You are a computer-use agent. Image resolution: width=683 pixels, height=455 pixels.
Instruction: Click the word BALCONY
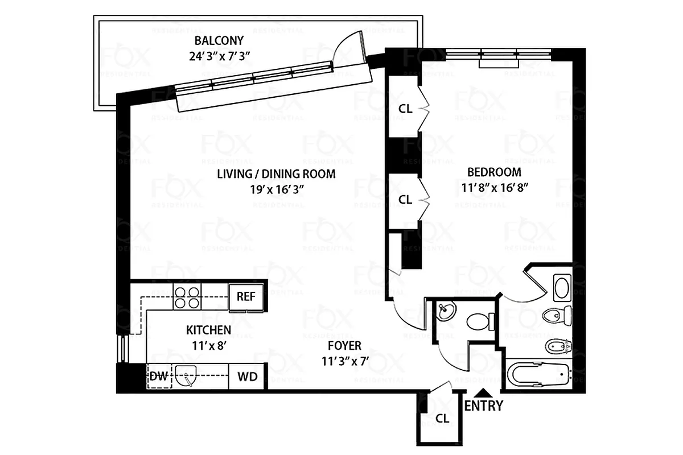tap(219, 41)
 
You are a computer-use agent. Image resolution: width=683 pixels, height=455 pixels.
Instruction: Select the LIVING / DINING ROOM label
tap(276, 174)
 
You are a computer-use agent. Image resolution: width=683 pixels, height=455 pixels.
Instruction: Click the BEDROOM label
tap(494, 172)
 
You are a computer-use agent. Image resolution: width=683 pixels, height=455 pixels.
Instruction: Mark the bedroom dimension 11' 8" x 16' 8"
tap(494, 188)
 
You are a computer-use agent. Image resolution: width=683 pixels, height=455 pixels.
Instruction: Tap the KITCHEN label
tap(208, 330)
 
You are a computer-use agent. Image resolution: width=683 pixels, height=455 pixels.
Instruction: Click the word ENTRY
tap(484, 406)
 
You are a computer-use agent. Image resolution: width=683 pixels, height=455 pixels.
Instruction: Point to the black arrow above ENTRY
tap(483, 392)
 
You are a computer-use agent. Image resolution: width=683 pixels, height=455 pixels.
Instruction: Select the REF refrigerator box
tap(246, 297)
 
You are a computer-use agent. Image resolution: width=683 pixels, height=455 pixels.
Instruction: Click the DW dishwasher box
tap(159, 377)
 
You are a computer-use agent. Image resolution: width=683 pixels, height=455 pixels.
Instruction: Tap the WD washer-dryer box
tap(247, 377)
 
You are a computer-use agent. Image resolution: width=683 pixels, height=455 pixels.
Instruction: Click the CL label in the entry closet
tap(442, 419)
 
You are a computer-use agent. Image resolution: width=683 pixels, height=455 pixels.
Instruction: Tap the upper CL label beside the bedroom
tap(405, 109)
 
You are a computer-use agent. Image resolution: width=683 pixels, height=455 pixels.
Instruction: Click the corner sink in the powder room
tap(446, 312)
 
